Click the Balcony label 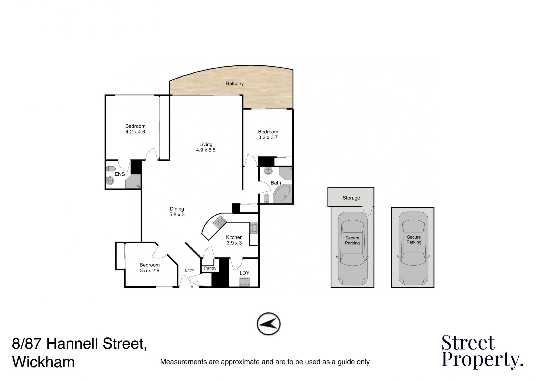[x=235, y=83]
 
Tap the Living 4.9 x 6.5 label [x=206, y=147]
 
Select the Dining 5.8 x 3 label [x=177, y=212]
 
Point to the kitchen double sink [x=220, y=223]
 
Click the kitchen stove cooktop [x=254, y=228]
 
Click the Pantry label [x=210, y=268]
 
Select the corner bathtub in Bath [x=283, y=194]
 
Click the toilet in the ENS [x=111, y=169]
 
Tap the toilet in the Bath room [x=266, y=198]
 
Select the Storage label [x=351, y=198]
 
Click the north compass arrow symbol [x=269, y=324]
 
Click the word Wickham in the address [x=44, y=362]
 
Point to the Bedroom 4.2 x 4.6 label [x=135, y=129]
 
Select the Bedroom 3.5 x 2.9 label [x=150, y=268]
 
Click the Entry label [x=189, y=270]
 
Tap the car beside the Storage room [x=352, y=248]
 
